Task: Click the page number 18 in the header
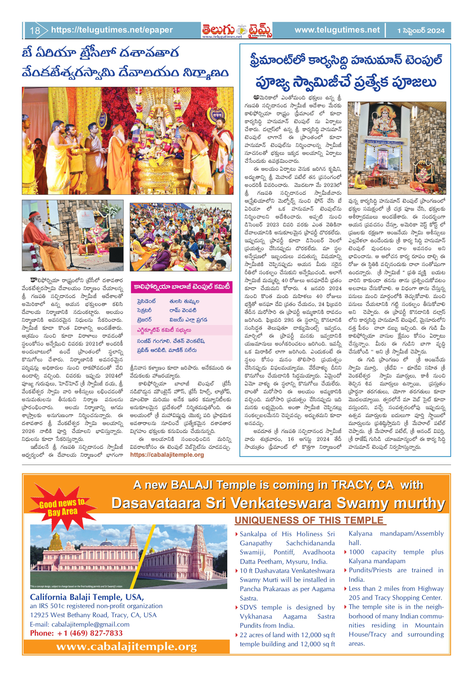(35, 30)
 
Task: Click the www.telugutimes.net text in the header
(337, 30)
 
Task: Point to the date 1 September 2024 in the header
(421, 31)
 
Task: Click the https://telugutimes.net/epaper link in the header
(112, 30)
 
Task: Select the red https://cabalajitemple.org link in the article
(167, 455)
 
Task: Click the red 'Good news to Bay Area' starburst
(61, 508)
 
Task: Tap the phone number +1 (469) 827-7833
(76, 633)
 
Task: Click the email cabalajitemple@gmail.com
(79, 624)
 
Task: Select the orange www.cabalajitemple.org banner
(127, 647)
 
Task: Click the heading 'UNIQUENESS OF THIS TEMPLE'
(310, 520)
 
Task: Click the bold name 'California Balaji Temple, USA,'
(87, 597)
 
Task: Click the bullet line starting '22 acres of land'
(287, 635)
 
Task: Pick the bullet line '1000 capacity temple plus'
(396, 552)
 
